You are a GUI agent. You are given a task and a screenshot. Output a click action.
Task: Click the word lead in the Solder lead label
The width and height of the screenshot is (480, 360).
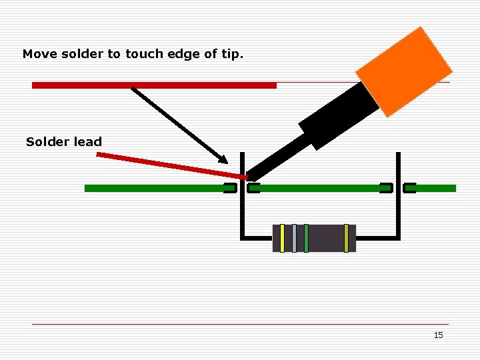click(x=89, y=141)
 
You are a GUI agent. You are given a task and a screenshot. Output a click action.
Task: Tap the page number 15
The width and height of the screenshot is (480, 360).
click(x=438, y=335)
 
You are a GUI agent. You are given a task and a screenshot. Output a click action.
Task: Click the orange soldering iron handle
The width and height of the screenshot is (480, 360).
click(x=404, y=71)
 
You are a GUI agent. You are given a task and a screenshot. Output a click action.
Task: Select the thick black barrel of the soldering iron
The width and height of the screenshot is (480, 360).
click(x=340, y=116)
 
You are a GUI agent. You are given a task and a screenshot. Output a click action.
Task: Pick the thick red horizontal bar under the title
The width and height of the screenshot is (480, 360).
click(x=154, y=85)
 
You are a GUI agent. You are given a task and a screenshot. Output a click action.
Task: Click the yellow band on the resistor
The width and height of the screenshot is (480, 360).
click(x=282, y=238)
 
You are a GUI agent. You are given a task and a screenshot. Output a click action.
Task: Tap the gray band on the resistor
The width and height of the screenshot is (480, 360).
click(x=294, y=238)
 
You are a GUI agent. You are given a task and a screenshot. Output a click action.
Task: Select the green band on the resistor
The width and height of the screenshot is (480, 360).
click(x=306, y=238)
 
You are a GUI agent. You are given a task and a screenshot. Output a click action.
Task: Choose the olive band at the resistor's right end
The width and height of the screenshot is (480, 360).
click(x=346, y=238)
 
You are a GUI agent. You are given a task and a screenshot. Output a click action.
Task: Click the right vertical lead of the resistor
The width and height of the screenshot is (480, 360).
click(x=398, y=200)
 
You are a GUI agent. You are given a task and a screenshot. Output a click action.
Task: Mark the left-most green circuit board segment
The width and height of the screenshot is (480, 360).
click(x=153, y=189)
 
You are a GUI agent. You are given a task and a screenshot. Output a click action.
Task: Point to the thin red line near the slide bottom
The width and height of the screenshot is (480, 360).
click(x=240, y=325)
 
